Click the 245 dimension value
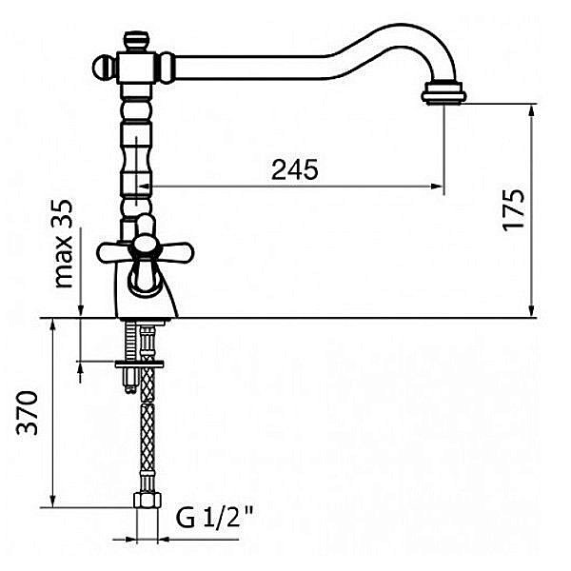point(295,169)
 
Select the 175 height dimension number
point(514,209)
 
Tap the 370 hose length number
point(28,413)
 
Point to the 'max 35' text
point(64,244)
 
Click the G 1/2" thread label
point(214,518)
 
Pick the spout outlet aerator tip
point(443,93)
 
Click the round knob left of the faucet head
point(104,69)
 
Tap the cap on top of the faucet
point(137,42)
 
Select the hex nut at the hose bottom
point(148,500)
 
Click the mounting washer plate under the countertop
point(139,364)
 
